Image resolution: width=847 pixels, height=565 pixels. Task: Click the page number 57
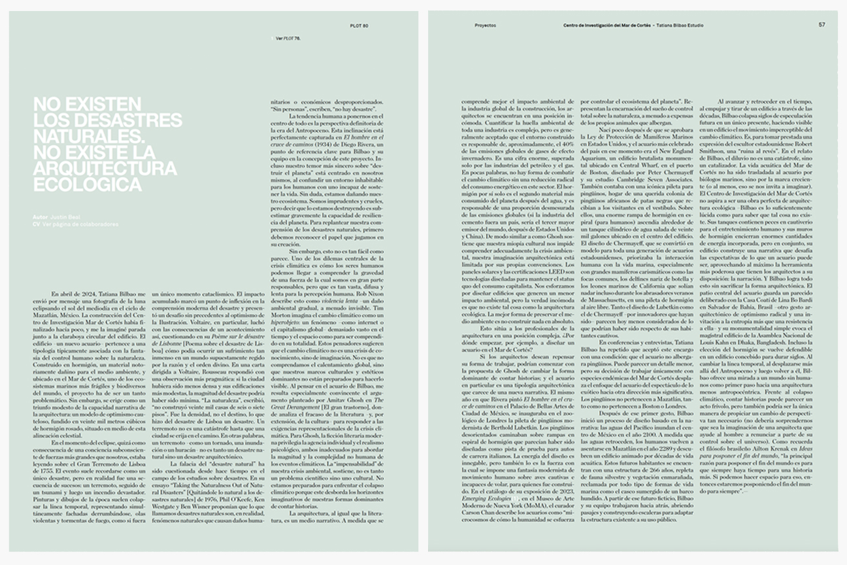pyautogui.click(x=822, y=24)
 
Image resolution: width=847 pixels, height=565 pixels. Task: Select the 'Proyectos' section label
pyautogui.click(x=485, y=26)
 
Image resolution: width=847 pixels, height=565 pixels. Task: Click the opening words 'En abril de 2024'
pyautogui.click(x=72, y=295)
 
